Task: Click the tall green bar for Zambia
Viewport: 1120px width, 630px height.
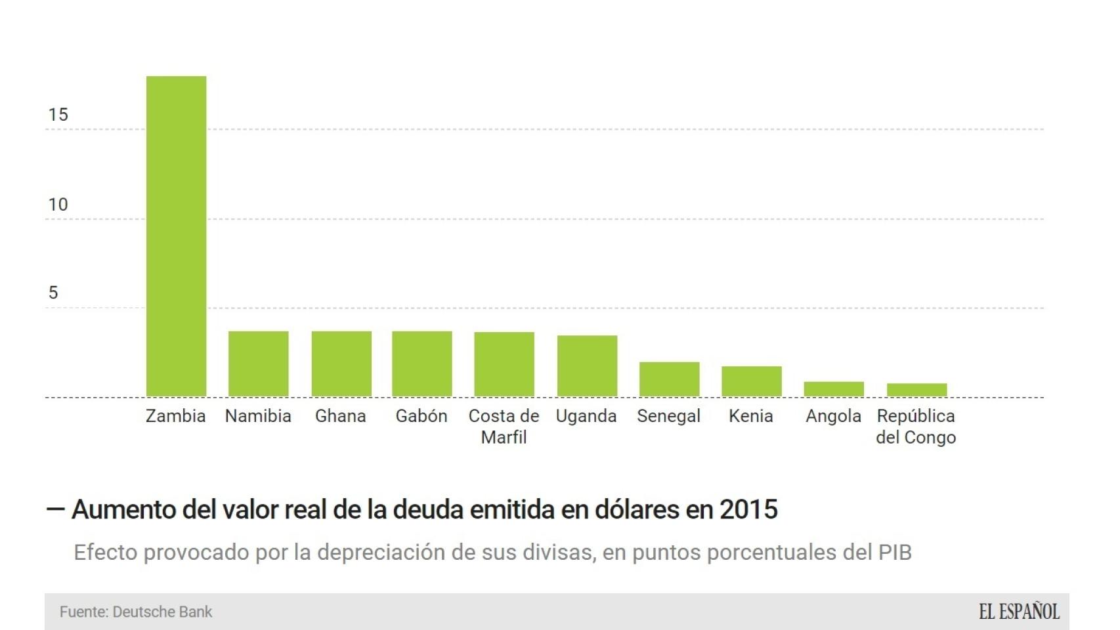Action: click(x=176, y=236)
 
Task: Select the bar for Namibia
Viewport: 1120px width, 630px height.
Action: click(x=258, y=364)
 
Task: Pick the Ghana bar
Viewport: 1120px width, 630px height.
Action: click(x=341, y=364)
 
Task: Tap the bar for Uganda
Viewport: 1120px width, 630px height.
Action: click(x=587, y=366)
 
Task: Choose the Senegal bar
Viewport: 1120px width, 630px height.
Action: click(x=669, y=379)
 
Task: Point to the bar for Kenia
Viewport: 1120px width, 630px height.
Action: click(x=751, y=381)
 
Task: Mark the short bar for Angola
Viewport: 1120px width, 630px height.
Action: click(x=834, y=388)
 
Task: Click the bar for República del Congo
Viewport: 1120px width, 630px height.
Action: click(x=916, y=389)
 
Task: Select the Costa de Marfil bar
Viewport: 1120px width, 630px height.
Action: click(x=504, y=364)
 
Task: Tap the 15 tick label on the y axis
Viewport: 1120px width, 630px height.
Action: click(x=58, y=115)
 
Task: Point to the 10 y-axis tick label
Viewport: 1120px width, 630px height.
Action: click(x=58, y=205)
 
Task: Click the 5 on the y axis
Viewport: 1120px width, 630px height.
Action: click(x=53, y=293)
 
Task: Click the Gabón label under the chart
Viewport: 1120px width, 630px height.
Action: click(x=421, y=416)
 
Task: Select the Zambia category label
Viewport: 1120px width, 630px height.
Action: click(x=175, y=416)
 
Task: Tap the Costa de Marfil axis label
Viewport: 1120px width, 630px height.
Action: click(x=504, y=426)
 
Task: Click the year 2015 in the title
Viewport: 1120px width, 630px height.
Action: click(x=748, y=509)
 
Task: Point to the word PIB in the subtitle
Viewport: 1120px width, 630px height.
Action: click(x=895, y=553)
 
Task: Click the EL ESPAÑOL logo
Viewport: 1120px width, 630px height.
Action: click(x=1019, y=612)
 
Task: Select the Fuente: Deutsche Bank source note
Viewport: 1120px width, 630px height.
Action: click(x=136, y=612)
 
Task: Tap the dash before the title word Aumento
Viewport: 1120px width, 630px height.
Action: click(x=56, y=509)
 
